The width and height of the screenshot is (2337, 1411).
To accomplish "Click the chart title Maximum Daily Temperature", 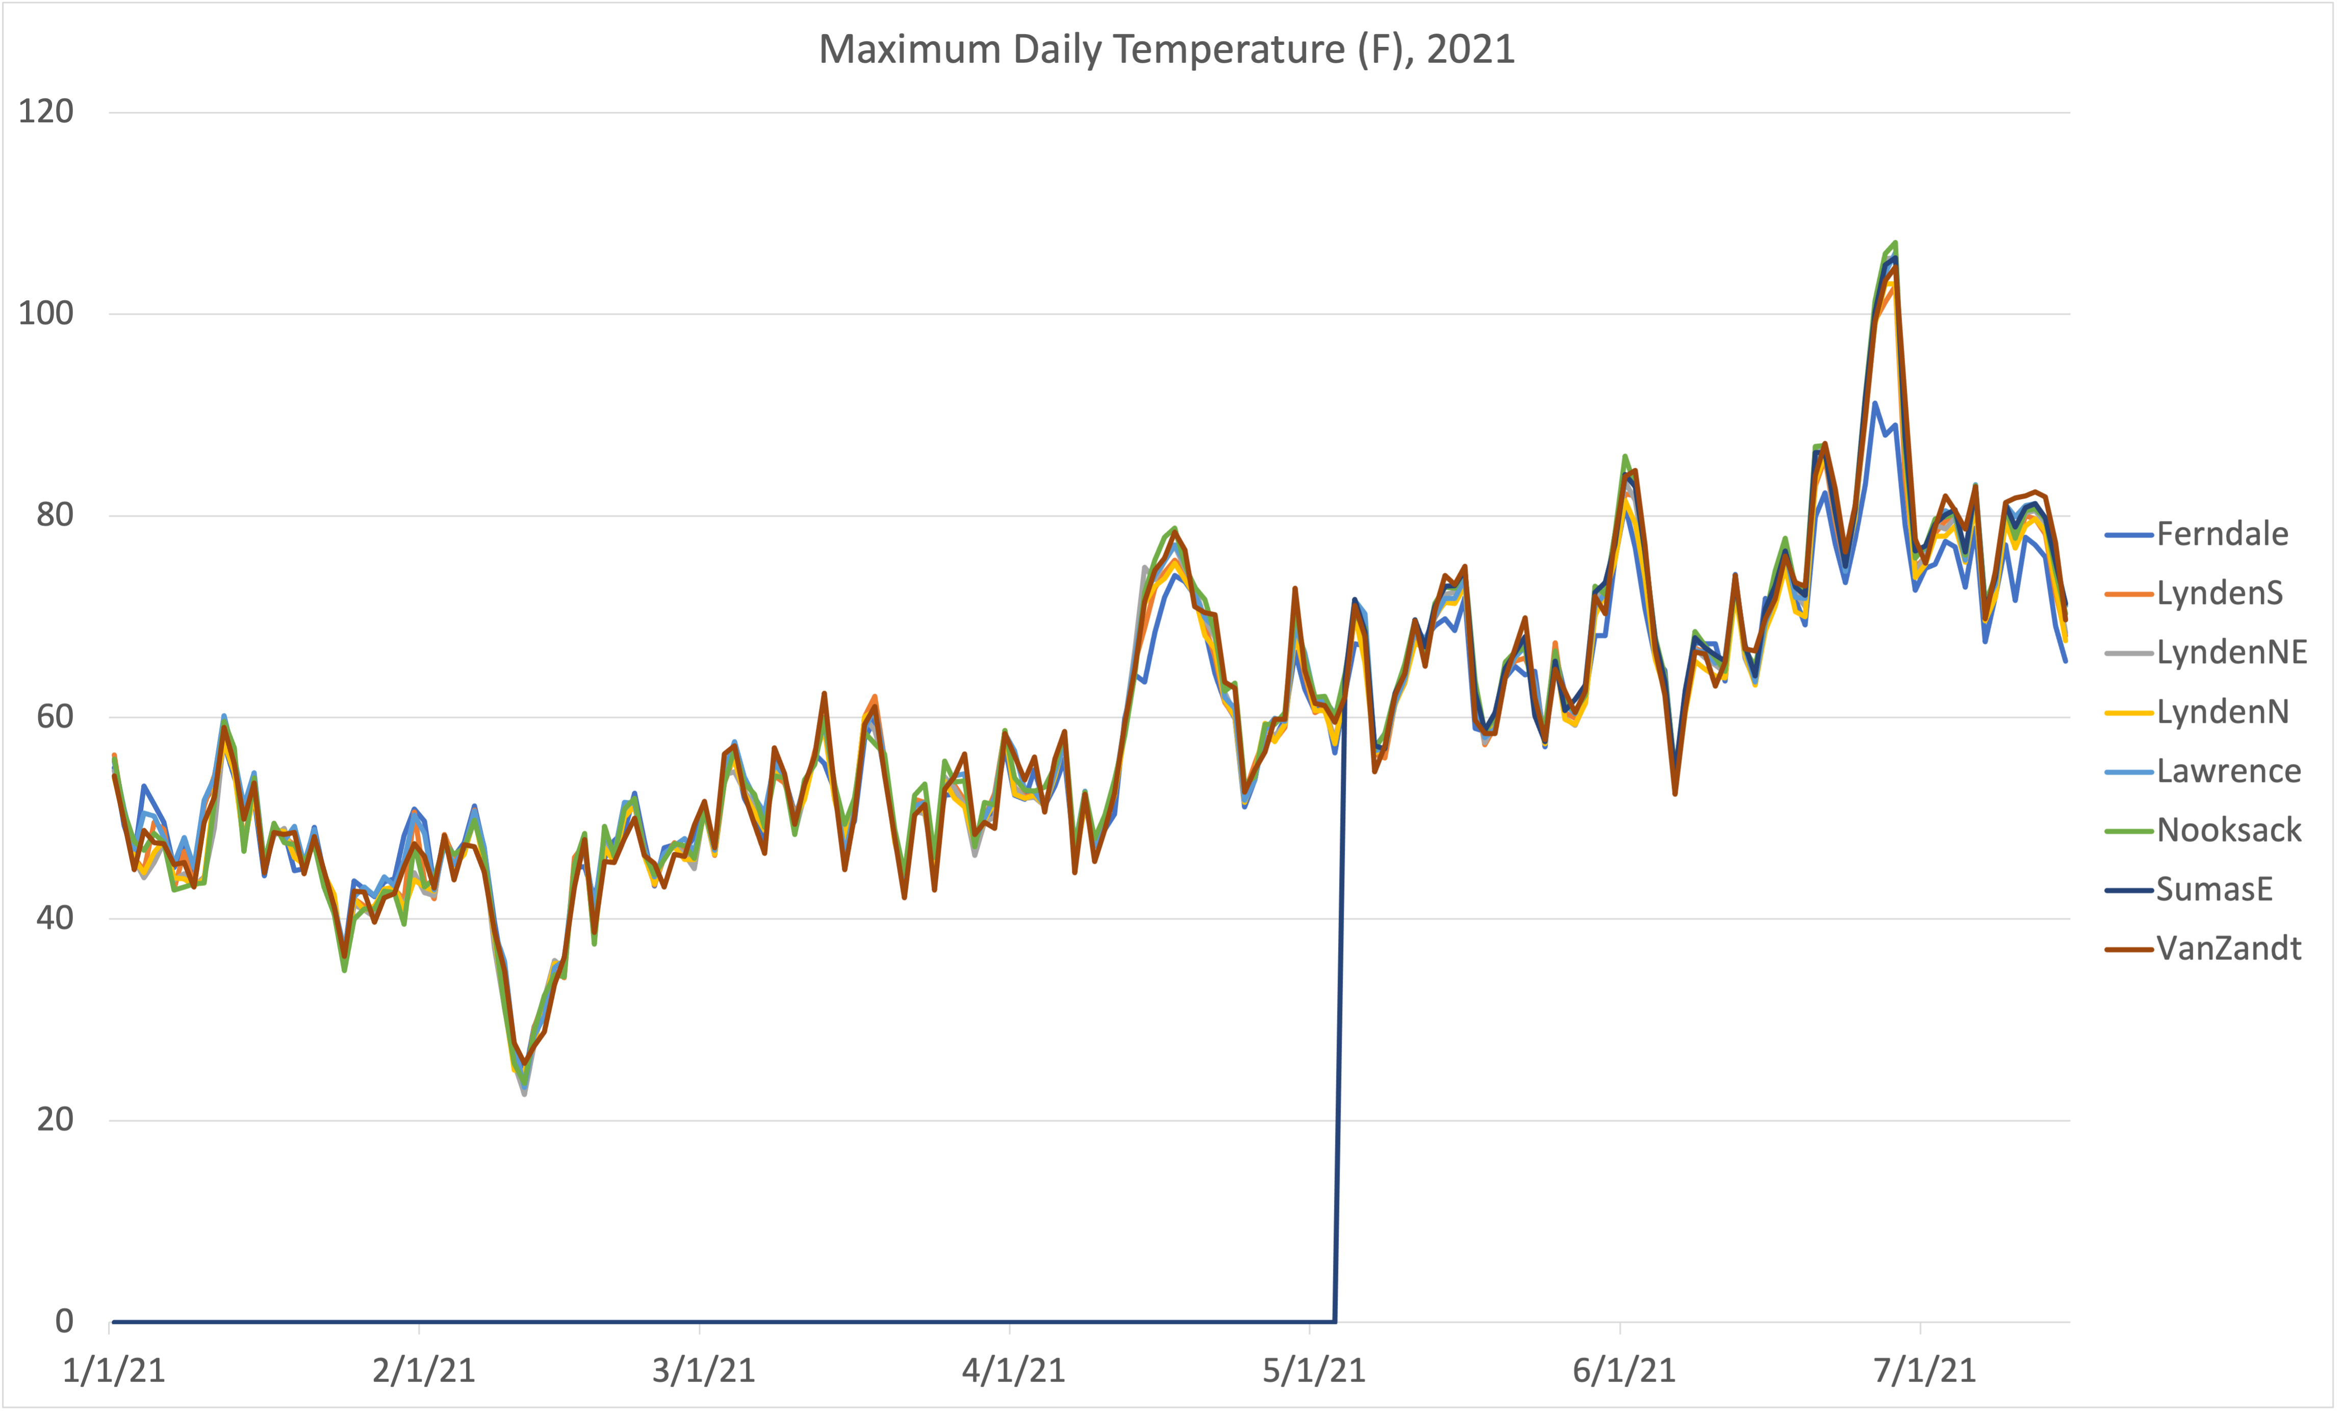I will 1167,49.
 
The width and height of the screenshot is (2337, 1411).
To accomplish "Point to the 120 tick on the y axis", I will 45,112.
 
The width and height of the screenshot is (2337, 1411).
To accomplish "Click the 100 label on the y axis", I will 45,314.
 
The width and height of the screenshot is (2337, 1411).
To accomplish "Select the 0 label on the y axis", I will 64,1321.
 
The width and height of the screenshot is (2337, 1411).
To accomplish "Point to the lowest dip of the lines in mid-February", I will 524,1092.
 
